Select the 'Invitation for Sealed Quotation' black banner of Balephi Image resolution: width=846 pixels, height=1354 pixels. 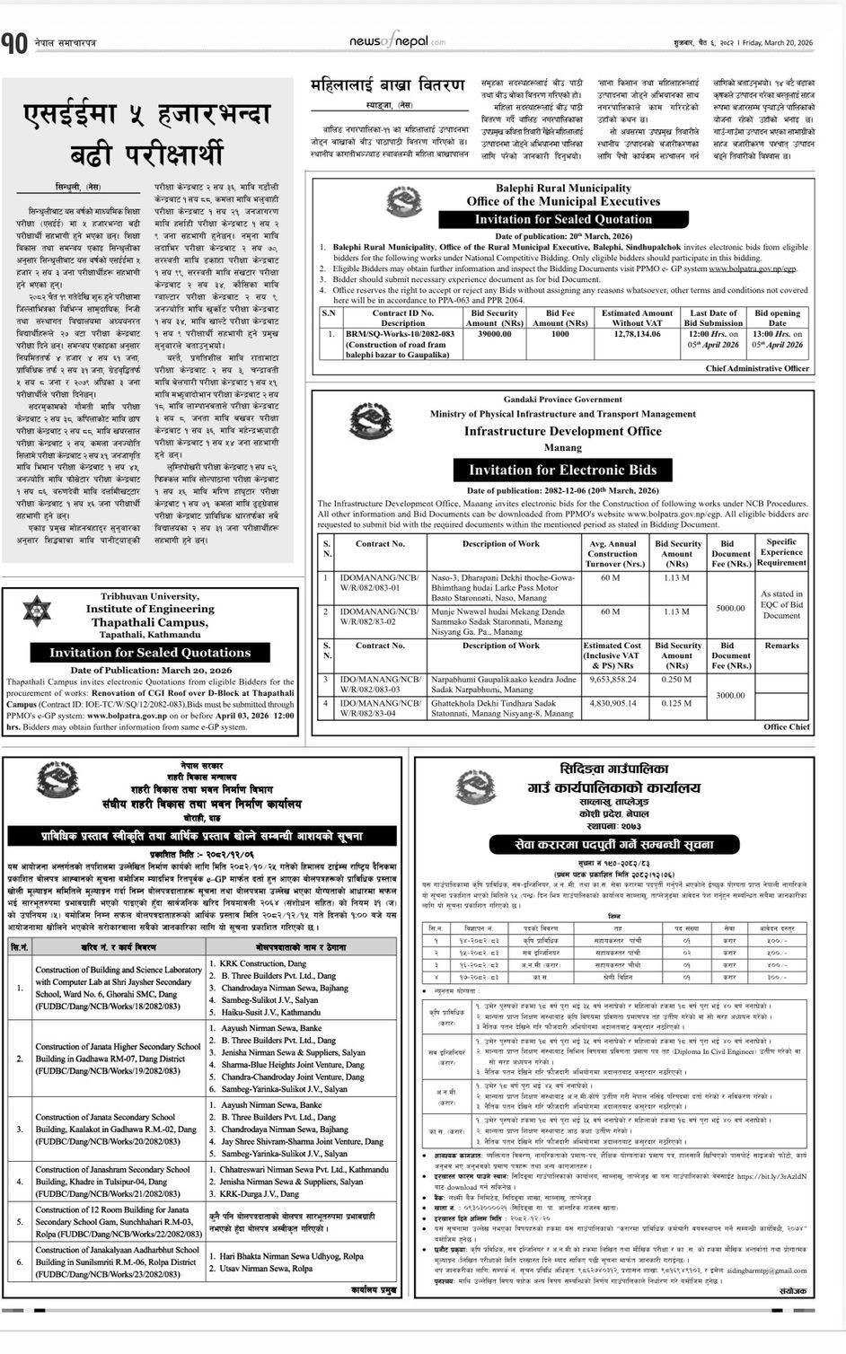pos(563,219)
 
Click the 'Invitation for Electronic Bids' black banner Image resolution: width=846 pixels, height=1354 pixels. pos(562,470)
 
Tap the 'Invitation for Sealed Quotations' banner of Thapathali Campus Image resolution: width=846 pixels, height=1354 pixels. pos(150,653)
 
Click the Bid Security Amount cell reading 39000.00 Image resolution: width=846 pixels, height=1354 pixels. pos(494,334)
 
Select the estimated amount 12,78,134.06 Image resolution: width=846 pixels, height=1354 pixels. pos(637,334)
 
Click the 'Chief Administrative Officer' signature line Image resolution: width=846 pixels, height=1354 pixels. pos(757,368)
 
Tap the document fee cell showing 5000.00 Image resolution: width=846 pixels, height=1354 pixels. pos(729,608)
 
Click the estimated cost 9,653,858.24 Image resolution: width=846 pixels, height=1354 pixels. pos(612,680)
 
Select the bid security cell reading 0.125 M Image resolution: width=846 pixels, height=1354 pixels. pos(676,703)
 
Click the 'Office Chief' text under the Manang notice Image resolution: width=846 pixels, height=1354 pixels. pos(786,726)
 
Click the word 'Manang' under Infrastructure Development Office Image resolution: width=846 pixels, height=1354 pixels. pos(562,447)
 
